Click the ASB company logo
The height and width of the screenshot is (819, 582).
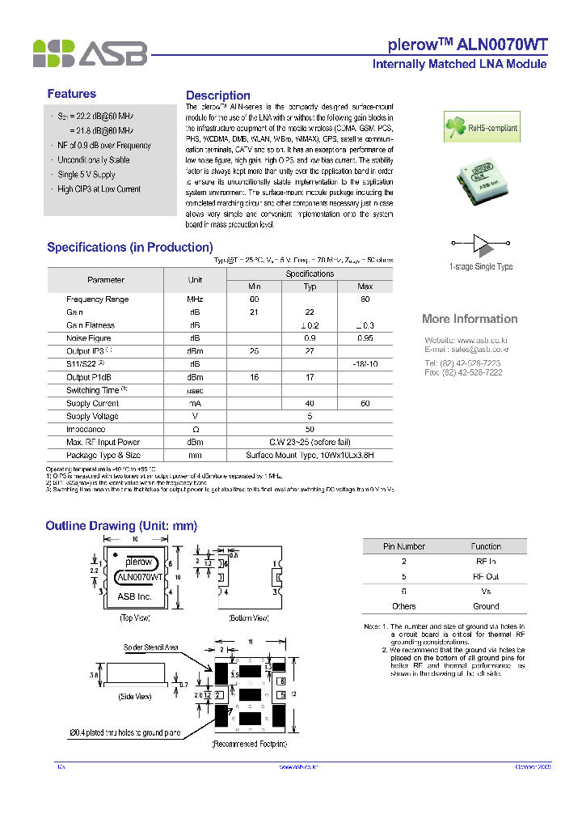point(90,53)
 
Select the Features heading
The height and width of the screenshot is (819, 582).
point(71,94)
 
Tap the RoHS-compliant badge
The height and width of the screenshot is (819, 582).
point(478,127)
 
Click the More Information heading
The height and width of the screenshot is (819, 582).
point(470,319)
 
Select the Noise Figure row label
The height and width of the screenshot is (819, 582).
point(89,338)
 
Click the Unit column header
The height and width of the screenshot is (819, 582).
point(195,280)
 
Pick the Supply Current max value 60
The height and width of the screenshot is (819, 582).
point(365,403)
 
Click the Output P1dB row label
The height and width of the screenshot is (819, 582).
point(90,377)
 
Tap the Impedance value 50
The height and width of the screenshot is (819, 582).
point(310,429)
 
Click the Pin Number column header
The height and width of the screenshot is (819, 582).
point(404,546)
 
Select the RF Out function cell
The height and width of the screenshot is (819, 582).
point(486,576)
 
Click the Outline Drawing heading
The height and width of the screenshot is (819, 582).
point(121,526)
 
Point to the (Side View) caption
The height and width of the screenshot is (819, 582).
point(135,696)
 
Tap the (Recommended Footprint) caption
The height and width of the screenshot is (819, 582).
point(249,743)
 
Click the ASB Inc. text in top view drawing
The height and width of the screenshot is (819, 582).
point(135,596)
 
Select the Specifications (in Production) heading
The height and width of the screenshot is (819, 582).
point(129,248)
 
